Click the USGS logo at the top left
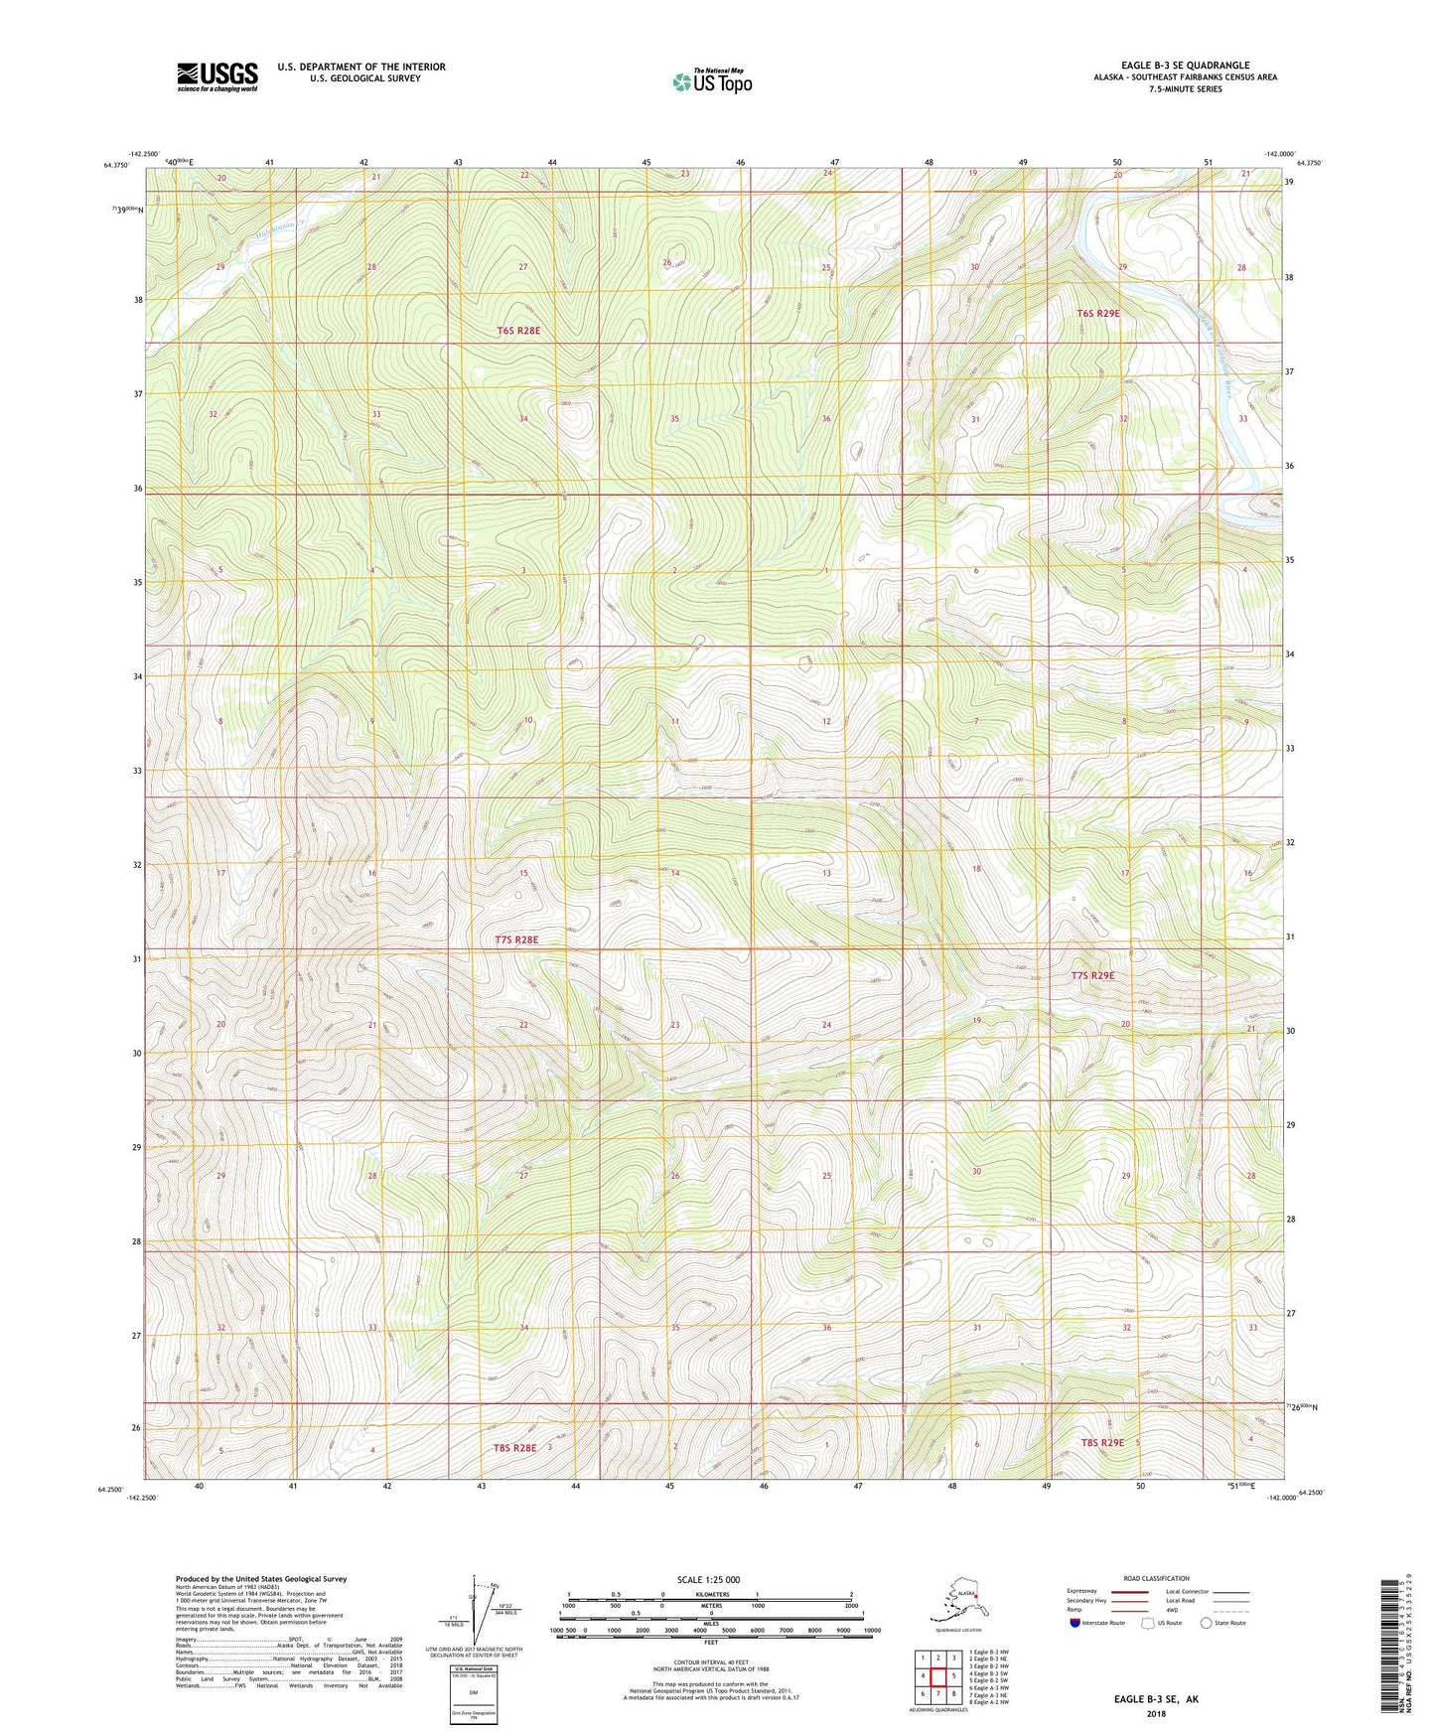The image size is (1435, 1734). coord(216,76)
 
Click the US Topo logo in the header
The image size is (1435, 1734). coord(711,80)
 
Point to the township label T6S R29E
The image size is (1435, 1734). coord(1097,313)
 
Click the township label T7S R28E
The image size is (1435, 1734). coord(516,939)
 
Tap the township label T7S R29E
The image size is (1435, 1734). coord(1092,975)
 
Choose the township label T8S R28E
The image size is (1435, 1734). coord(514,1448)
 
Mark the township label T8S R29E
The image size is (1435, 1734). coord(1102,1442)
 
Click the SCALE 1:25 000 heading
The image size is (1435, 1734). coord(709,1580)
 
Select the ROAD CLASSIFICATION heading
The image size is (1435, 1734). coord(1156,1578)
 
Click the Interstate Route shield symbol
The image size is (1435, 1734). coord(1076,1623)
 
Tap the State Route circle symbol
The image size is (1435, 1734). coord(1207,1623)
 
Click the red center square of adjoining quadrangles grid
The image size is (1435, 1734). coord(937,1675)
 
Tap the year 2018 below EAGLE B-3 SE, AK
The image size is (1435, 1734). coord(1156,1713)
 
